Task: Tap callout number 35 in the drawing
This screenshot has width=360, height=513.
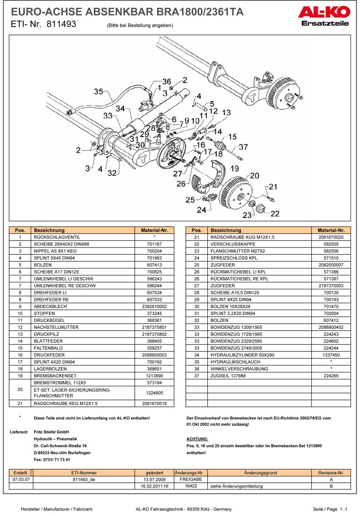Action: tap(99, 91)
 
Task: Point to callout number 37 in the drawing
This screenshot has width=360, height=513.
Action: tap(244, 147)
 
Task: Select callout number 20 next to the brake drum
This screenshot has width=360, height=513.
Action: tap(254, 175)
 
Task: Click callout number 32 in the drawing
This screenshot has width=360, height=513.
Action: tap(112, 173)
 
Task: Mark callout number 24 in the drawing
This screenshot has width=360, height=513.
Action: tap(201, 210)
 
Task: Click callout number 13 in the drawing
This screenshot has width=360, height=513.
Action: tap(226, 113)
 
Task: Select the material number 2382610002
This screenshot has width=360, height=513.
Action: tap(154, 306)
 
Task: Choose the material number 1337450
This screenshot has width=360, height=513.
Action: tap(331, 355)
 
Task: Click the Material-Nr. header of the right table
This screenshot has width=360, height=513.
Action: tap(331, 230)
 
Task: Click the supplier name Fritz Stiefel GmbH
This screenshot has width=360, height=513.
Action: tap(51, 432)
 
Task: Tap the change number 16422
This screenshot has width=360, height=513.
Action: tap(191, 486)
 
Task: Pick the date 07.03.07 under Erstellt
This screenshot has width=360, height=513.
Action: tap(20, 479)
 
